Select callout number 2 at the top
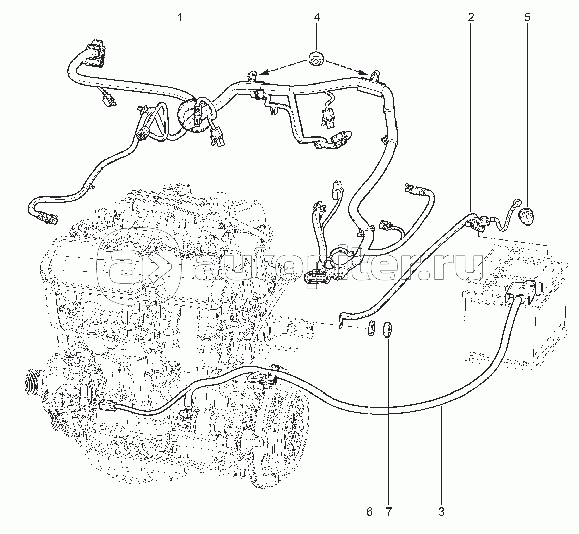pyautogui.click(x=471, y=17)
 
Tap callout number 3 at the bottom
pyautogui.click(x=441, y=511)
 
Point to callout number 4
pyautogui.click(x=316, y=17)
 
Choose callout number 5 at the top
pyautogui.click(x=527, y=17)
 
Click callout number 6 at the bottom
pyautogui.click(x=370, y=511)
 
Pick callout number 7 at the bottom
pyautogui.click(x=389, y=511)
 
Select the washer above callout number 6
pyautogui.click(x=372, y=329)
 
